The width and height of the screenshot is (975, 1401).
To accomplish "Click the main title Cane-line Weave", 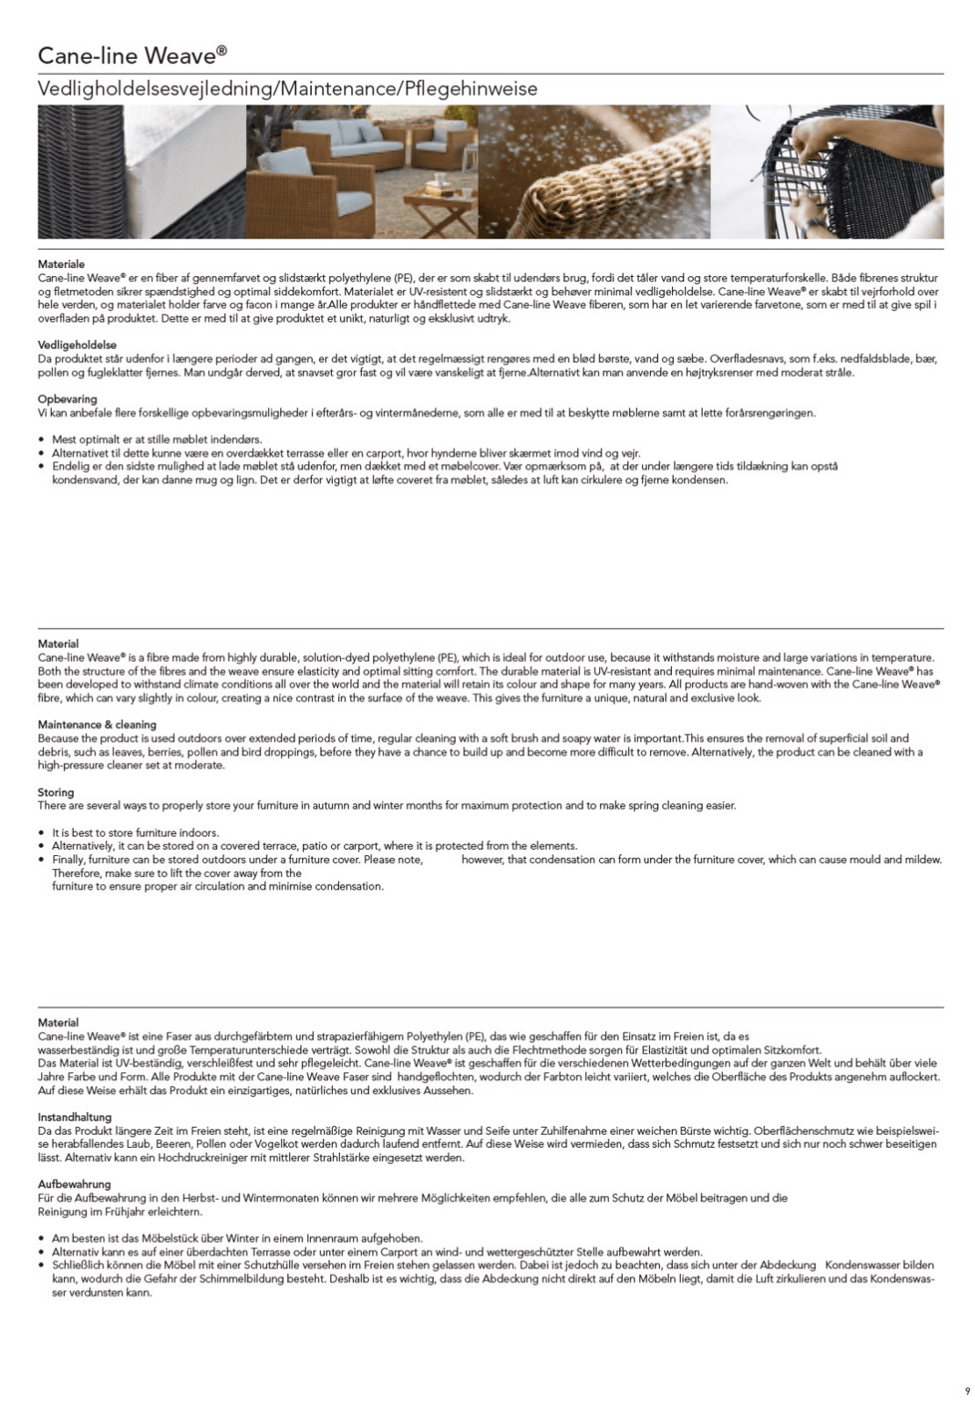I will pyautogui.click(x=132, y=56).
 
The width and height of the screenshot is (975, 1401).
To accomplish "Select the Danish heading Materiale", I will pyautogui.click(x=61, y=264).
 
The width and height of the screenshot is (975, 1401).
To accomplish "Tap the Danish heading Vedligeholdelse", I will pyautogui.click(x=77, y=345).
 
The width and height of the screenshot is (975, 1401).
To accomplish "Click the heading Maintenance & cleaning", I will pyautogui.click(x=97, y=724).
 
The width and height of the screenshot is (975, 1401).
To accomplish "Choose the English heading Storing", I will pyautogui.click(x=55, y=792).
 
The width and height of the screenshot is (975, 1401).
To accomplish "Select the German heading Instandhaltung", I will pyautogui.click(x=75, y=1117).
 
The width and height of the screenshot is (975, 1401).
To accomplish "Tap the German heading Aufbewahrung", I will pyautogui.click(x=74, y=1184).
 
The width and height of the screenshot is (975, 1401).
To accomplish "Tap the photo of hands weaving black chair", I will pyautogui.click(x=826, y=171).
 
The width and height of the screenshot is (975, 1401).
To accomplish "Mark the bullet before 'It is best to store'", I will pyautogui.click(x=42, y=832).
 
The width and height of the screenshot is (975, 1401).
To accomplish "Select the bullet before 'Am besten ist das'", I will pyautogui.click(x=42, y=1238).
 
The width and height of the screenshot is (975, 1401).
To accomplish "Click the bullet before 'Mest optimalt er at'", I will pyautogui.click(x=42, y=439).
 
